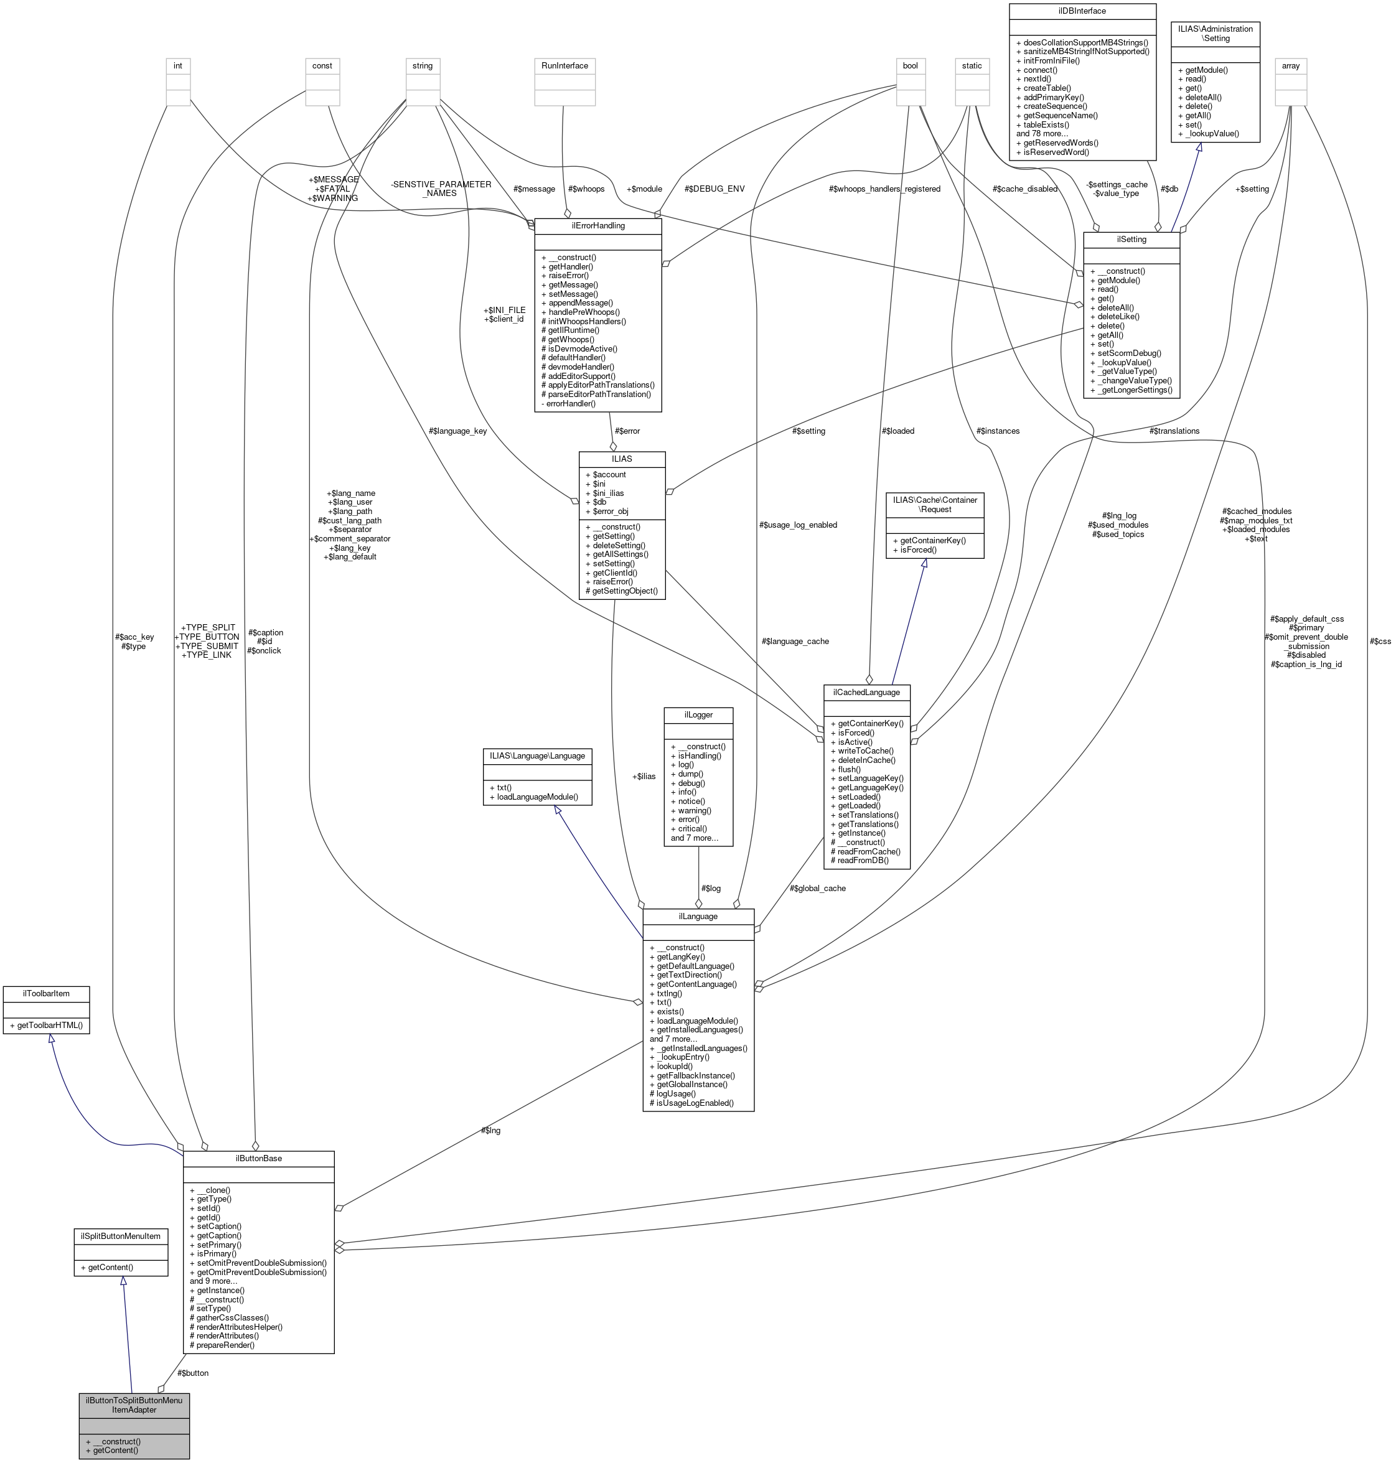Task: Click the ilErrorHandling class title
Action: coord(597,225)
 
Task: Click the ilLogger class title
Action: coord(698,714)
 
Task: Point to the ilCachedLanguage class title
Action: coord(866,692)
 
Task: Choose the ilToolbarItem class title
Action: coord(46,993)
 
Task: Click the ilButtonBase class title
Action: coord(258,1159)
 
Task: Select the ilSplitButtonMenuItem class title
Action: coord(121,1235)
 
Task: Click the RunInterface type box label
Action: coord(564,65)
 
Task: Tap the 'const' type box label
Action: coord(322,65)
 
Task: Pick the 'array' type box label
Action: coord(1290,65)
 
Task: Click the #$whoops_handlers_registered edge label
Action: coord(884,189)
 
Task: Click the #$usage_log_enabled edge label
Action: coord(798,525)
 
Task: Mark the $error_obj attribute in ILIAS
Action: coord(610,512)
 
